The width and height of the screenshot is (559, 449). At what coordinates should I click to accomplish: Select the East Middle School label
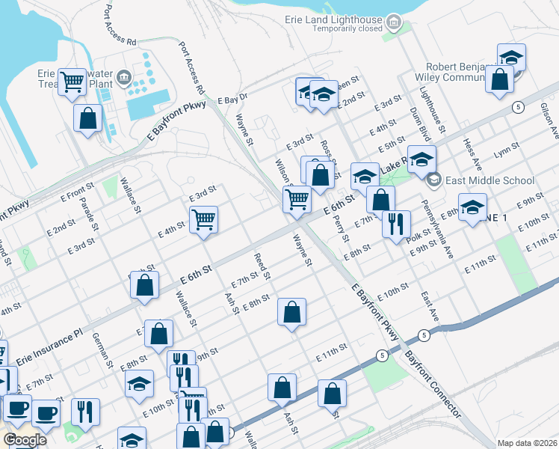pos(489,180)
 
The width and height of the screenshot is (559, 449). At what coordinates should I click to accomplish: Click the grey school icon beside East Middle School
pos(433,180)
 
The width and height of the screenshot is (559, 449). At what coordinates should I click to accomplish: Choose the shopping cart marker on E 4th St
pos(203,220)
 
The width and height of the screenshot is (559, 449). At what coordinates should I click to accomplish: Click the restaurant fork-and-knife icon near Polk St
pos(396,223)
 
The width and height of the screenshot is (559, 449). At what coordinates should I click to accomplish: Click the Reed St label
pos(261,266)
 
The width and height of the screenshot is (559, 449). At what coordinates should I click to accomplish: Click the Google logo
pos(25,440)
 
